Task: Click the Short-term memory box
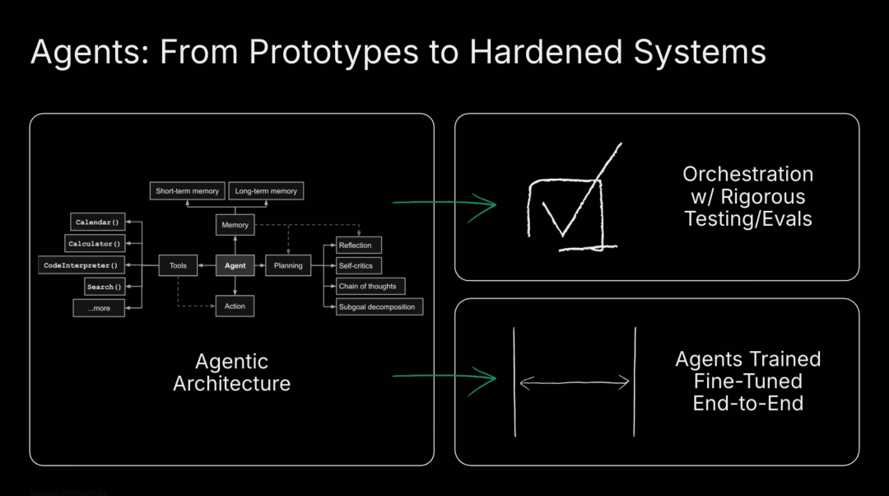pos(187,191)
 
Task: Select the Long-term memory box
pos(265,191)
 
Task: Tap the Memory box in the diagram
pos(235,224)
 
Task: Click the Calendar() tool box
pos(98,222)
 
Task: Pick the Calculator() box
pos(95,243)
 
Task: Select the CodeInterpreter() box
pos(81,265)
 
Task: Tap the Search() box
pos(105,287)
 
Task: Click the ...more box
pos(98,308)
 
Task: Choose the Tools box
pos(178,265)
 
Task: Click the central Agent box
pos(235,265)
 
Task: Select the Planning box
pos(287,265)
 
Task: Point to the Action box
pos(235,306)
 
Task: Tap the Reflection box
pos(359,245)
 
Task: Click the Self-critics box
pos(359,265)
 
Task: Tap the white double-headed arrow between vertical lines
pos(575,381)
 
